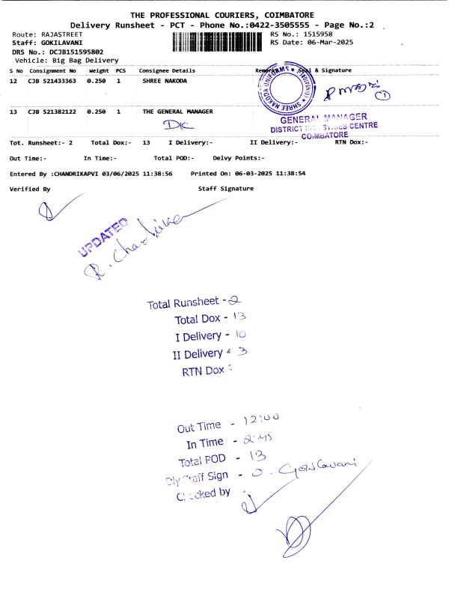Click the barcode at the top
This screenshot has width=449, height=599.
(218, 43)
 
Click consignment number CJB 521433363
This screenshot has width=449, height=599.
(52, 81)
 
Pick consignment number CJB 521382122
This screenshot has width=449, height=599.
(52, 112)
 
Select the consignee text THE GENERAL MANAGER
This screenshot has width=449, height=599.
(178, 112)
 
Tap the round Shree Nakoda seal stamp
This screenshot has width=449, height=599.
(285, 92)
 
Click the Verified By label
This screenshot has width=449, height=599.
(30, 189)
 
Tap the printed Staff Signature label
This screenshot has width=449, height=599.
(225, 189)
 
